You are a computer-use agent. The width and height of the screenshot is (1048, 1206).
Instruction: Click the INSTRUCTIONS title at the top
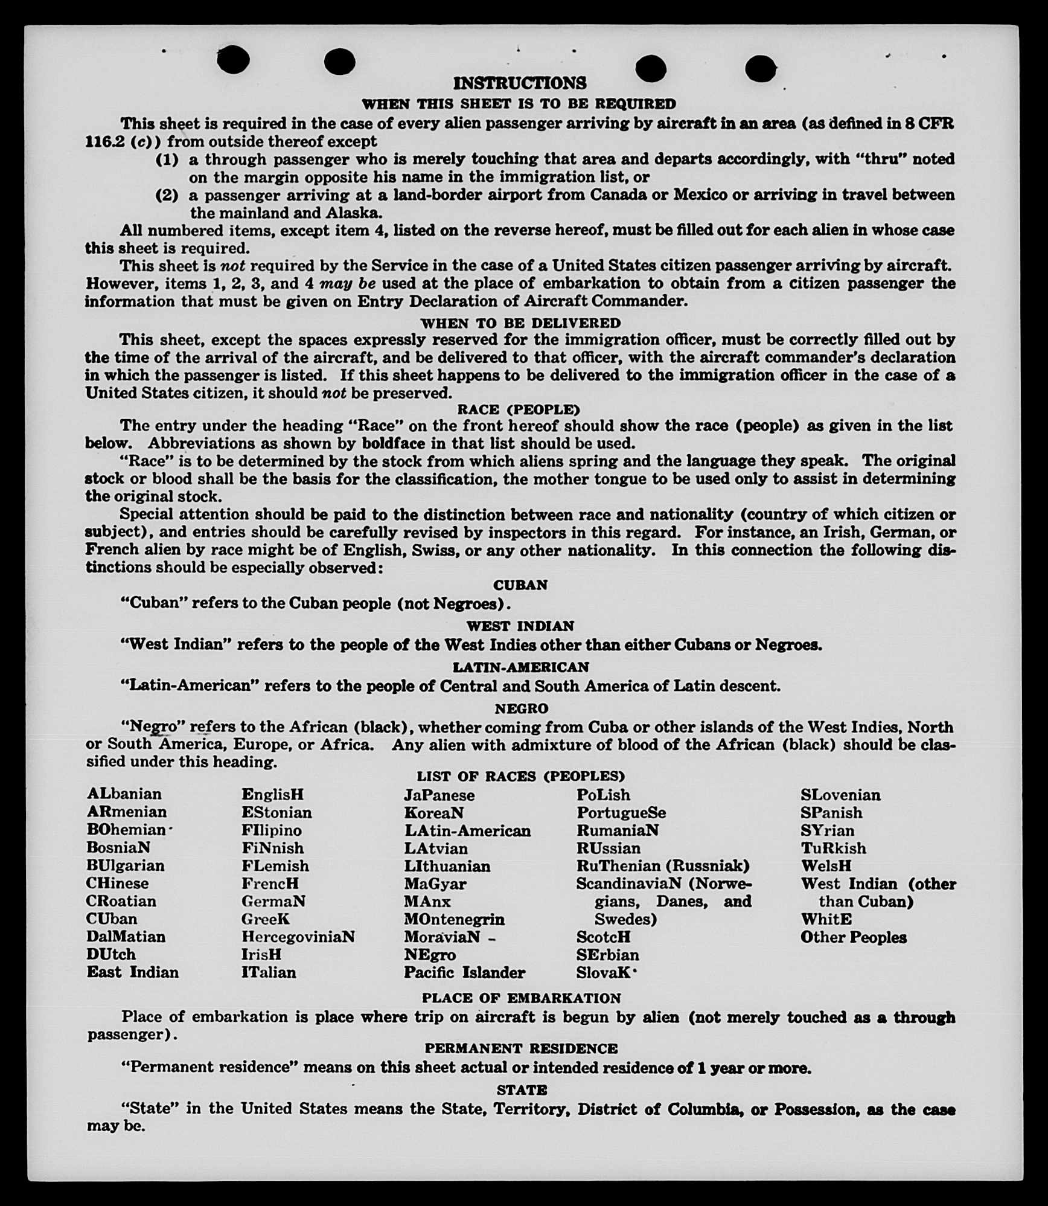[x=519, y=83]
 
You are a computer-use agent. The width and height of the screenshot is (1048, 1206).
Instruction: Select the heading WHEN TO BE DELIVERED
[x=520, y=323]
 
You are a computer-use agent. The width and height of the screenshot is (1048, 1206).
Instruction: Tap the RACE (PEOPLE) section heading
[x=519, y=409]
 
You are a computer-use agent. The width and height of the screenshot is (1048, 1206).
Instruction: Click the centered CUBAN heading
[x=520, y=585]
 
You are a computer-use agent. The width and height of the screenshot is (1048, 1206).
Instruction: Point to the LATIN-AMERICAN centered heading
[x=520, y=667]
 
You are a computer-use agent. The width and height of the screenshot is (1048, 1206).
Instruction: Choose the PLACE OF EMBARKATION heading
[x=521, y=998]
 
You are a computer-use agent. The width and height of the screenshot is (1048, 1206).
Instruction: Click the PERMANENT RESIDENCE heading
[x=521, y=1048]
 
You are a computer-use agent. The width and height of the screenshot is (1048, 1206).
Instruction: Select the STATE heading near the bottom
[x=522, y=1090]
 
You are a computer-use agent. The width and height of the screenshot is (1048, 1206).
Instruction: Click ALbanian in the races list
[x=124, y=794]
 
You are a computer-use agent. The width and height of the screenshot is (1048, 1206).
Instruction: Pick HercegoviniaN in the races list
[x=298, y=937]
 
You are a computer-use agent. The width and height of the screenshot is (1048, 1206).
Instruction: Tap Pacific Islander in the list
[x=464, y=972]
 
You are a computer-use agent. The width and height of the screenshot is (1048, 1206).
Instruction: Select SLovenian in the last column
[x=840, y=795]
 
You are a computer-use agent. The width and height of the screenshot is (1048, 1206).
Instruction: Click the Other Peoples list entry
[x=853, y=937]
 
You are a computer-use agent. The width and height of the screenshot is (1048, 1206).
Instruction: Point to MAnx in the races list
[x=427, y=901]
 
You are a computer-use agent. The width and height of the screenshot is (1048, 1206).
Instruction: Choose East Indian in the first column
[x=133, y=972]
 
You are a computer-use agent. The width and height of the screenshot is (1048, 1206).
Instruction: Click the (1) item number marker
[x=167, y=159]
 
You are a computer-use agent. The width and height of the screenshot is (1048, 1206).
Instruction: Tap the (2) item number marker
[x=167, y=195]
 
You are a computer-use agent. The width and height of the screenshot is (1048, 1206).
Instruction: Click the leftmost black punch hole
[x=233, y=59]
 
